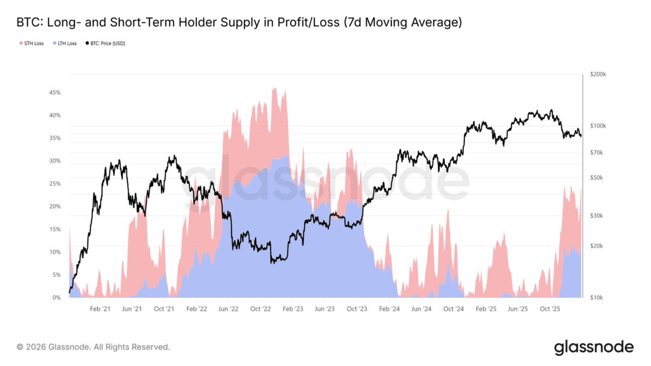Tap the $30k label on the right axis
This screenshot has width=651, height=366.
[596, 216]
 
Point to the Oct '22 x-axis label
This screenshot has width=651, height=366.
[260, 309]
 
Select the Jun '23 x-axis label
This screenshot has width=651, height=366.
[324, 309]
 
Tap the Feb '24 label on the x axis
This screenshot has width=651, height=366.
[389, 309]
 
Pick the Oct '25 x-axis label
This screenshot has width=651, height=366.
[550, 309]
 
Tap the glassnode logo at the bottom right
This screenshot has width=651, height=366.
[593, 347]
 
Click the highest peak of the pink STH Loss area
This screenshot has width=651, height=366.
[275, 88]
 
